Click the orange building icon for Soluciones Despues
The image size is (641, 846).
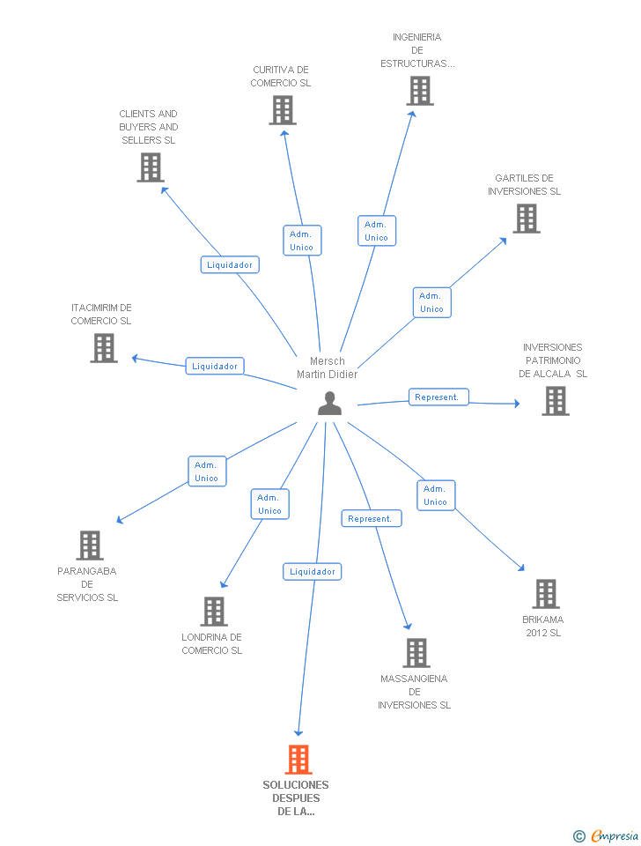point(298,759)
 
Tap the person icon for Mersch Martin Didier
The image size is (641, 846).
point(329,403)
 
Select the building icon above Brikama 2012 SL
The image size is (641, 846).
point(545,593)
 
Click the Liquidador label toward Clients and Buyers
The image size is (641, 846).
point(230,264)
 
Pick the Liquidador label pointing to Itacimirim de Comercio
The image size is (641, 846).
point(215,366)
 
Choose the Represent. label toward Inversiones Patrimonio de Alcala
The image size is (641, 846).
point(438,397)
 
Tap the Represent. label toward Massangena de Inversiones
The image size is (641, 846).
point(371,519)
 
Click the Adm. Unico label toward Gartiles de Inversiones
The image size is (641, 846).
point(431,302)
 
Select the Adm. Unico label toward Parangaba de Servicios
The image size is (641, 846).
point(206,471)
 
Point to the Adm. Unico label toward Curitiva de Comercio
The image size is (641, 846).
point(301,241)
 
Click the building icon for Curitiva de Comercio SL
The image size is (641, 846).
point(282,110)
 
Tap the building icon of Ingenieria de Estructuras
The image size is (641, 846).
point(419,90)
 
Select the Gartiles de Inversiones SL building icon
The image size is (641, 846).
point(526,219)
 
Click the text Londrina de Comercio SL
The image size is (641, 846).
point(211,643)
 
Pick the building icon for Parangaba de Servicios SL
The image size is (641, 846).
point(89,545)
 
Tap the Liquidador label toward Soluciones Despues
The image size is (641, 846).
point(312,572)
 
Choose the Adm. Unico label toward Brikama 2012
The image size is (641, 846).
point(435,495)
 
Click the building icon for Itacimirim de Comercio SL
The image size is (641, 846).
point(104,348)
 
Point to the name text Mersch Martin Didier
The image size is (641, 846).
point(328,367)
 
